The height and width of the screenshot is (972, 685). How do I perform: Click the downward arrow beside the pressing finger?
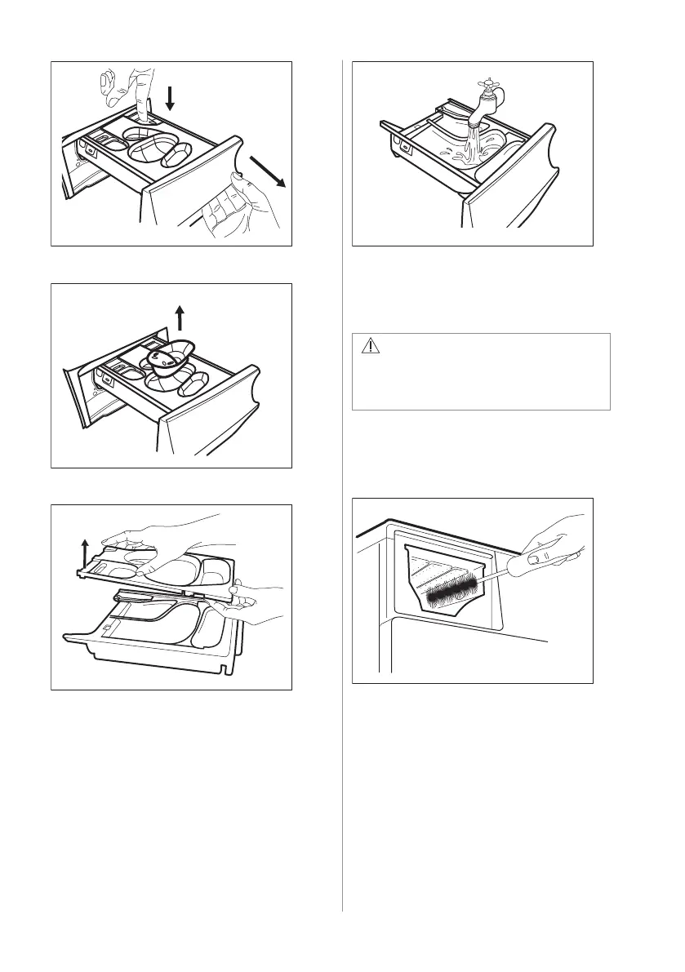[170, 97]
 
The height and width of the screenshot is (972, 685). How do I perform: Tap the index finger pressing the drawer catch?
[145, 94]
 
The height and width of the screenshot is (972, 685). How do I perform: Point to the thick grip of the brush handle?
[540, 562]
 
